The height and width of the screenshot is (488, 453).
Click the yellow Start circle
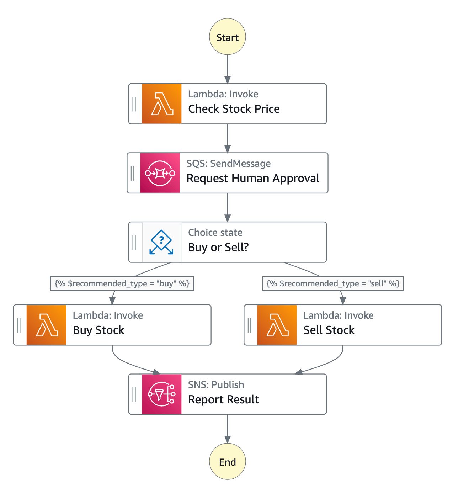[x=227, y=37]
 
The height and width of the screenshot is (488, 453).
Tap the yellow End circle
[x=227, y=461]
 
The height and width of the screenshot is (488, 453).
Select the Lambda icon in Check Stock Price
[x=161, y=104]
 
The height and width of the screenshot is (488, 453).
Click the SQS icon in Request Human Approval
[x=160, y=173]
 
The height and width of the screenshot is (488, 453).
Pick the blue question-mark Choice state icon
[x=161, y=242]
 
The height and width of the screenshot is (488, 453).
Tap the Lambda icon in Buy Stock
[x=46, y=325]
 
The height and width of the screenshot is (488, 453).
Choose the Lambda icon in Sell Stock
[x=277, y=325]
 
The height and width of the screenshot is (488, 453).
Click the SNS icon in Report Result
[x=161, y=394]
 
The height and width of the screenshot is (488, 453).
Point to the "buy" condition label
[x=122, y=283]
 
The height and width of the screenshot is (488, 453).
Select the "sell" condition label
[x=333, y=283]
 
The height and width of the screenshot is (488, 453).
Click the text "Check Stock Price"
[x=234, y=109]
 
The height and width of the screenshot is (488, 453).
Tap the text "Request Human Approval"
[x=253, y=178]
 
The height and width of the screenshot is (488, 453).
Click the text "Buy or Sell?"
[x=218, y=247]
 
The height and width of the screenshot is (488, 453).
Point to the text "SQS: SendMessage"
[x=229, y=164]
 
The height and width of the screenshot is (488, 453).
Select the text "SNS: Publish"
[x=216, y=385]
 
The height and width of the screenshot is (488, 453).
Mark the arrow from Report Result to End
[x=228, y=429]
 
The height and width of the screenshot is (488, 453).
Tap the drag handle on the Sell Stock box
[x=249, y=325]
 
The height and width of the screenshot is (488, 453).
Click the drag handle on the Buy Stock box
[x=19, y=325]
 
